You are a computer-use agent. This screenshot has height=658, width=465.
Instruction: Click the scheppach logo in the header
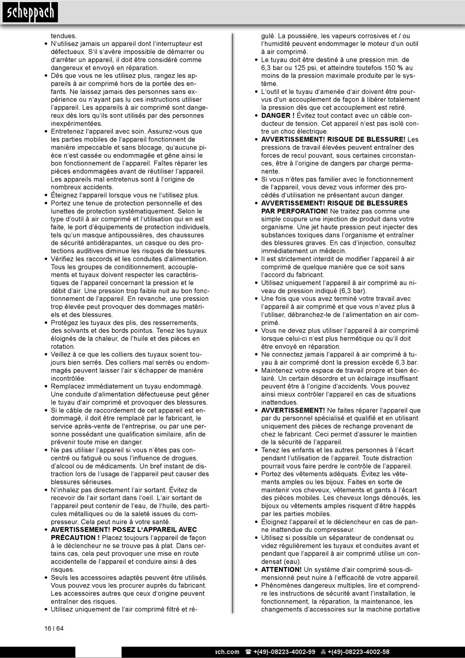click(x=29, y=13)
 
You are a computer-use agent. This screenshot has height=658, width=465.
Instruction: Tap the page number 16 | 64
click(x=54, y=629)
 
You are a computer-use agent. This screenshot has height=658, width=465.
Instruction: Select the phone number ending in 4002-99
click(x=284, y=652)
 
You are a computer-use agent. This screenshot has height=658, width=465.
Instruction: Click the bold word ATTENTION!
click(x=281, y=569)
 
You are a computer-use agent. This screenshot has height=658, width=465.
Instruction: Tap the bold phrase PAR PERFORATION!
click(x=294, y=211)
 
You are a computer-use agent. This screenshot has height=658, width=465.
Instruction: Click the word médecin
click(x=333, y=251)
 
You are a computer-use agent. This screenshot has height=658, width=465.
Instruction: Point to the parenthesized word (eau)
click(x=292, y=562)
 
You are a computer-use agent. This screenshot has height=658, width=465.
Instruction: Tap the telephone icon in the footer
click(x=249, y=652)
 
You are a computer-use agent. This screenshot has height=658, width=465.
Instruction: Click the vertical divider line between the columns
click(x=233, y=323)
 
